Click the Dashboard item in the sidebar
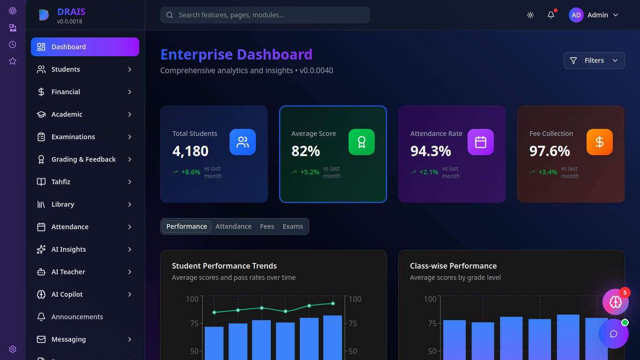[x=85, y=47]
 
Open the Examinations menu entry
[x=85, y=137]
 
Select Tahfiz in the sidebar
[x=85, y=182]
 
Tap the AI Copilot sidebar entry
[x=85, y=294]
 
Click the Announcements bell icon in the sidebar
[x=41, y=317]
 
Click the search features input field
[x=265, y=15]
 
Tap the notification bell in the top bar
[x=551, y=15]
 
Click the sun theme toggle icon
[x=530, y=15]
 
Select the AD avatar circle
[x=576, y=15]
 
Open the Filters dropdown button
[x=594, y=60]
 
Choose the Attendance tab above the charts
[x=233, y=226]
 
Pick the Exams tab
[x=292, y=226]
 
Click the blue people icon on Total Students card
[x=243, y=142]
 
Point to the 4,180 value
[x=190, y=151]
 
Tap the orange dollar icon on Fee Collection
[x=599, y=142]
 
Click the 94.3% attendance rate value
[x=431, y=151]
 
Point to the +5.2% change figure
[x=310, y=172]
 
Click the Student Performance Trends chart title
[x=224, y=266]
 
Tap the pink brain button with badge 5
[x=616, y=302]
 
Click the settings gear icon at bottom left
[x=13, y=349]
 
